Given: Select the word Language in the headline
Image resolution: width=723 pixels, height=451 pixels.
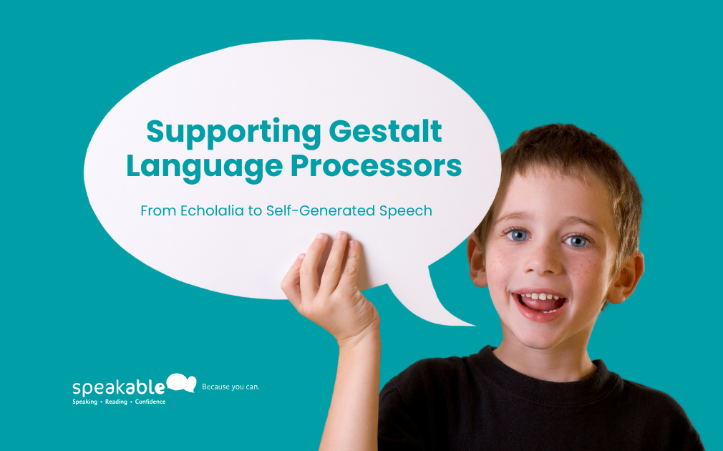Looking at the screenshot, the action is click(204, 168).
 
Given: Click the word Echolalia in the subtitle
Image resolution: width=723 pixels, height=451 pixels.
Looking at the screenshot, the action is click(212, 210).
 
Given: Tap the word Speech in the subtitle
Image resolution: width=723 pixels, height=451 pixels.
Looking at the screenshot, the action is click(406, 211).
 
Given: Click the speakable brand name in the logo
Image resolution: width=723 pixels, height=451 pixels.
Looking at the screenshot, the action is click(119, 387).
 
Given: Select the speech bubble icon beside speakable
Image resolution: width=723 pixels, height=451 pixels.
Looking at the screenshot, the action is click(181, 383).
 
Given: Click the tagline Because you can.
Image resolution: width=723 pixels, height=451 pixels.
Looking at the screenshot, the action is click(231, 387).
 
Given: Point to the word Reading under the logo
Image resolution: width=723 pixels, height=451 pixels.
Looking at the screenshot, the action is click(116, 402).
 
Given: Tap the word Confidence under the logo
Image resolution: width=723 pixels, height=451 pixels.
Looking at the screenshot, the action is click(150, 402).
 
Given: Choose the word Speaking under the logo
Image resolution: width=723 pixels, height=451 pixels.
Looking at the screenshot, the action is click(85, 402).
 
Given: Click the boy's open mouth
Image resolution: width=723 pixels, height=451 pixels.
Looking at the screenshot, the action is click(540, 304).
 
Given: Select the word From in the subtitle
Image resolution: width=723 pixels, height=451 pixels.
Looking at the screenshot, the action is click(158, 210).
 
